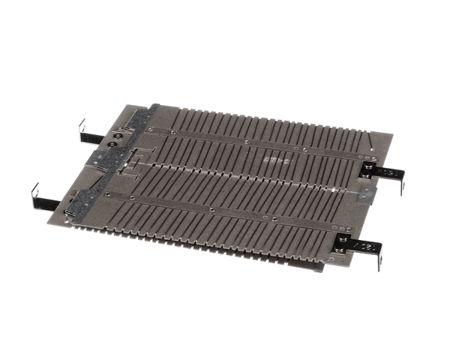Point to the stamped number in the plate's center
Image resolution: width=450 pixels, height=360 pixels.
(277, 160)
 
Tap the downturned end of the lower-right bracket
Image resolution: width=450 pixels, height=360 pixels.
(379, 259)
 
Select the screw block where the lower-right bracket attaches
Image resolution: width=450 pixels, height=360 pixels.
(345, 241)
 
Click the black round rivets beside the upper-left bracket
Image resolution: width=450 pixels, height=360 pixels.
(114, 139)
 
